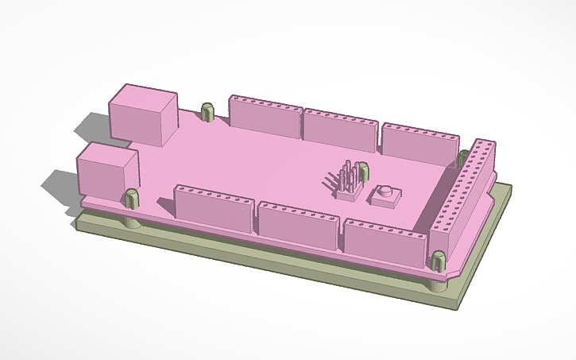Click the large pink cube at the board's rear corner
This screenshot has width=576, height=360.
tap(142, 117)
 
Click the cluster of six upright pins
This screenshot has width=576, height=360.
tap(347, 180)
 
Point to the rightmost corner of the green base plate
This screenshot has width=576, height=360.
tap(509, 188)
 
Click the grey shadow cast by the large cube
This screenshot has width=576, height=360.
tap(90, 126)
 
